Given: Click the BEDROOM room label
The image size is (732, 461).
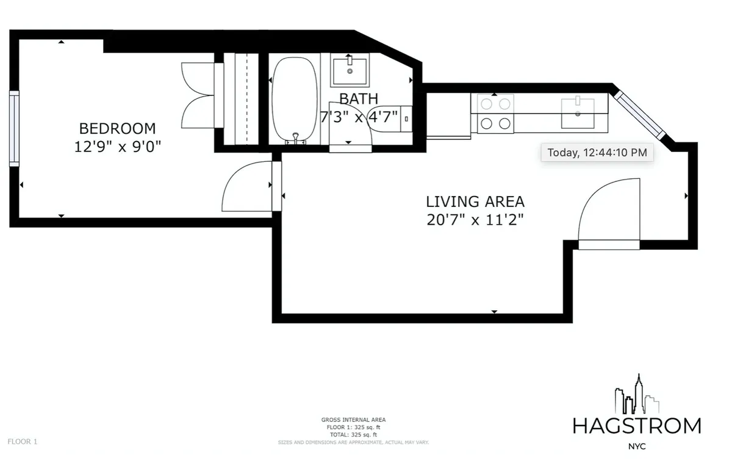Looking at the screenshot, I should (x=117, y=128).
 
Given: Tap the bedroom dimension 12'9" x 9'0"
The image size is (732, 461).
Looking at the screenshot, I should (x=117, y=147).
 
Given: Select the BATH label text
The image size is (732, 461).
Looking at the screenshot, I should (x=358, y=98).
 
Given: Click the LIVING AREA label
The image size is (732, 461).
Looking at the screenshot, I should (x=475, y=201).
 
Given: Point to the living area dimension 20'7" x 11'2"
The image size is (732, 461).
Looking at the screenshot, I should (x=475, y=219).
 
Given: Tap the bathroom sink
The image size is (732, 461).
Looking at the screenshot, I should (x=350, y=70).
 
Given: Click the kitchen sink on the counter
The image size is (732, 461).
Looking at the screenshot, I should (x=577, y=112).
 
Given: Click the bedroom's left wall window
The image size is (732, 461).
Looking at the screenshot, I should (x=14, y=128).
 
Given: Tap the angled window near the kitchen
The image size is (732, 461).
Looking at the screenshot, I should (x=639, y=115).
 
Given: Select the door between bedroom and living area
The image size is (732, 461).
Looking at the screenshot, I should (x=250, y=186).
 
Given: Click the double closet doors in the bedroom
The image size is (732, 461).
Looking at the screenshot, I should (x=200, y=95).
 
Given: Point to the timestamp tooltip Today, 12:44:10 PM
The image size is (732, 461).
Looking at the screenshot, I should (x=597, y=153).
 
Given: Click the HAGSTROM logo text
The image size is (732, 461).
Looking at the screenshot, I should (x=637, y=426).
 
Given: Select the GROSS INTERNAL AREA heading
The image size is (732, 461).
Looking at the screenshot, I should (x=353, y=419).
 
